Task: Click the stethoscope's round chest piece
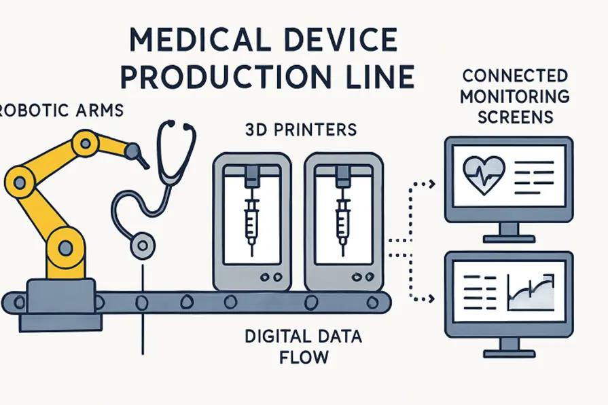[141, 244]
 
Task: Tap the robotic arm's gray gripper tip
[139, 155]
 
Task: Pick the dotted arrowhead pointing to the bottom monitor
[430, 298]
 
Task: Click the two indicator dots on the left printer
[270, 277]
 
